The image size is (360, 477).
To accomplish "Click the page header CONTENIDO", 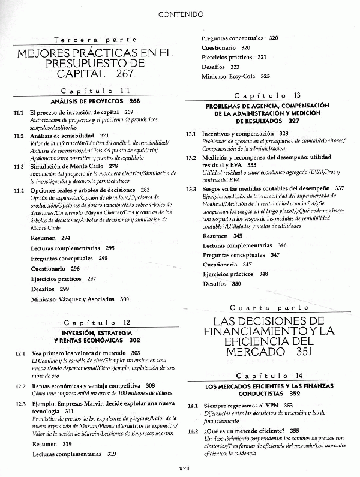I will click(181, 13).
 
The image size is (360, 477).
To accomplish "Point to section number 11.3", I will click(19, 166).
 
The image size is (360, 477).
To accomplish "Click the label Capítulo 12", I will click(95, 322).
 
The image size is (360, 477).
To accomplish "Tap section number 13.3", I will click(191, 188).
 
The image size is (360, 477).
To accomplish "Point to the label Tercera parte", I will click(95, 40).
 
